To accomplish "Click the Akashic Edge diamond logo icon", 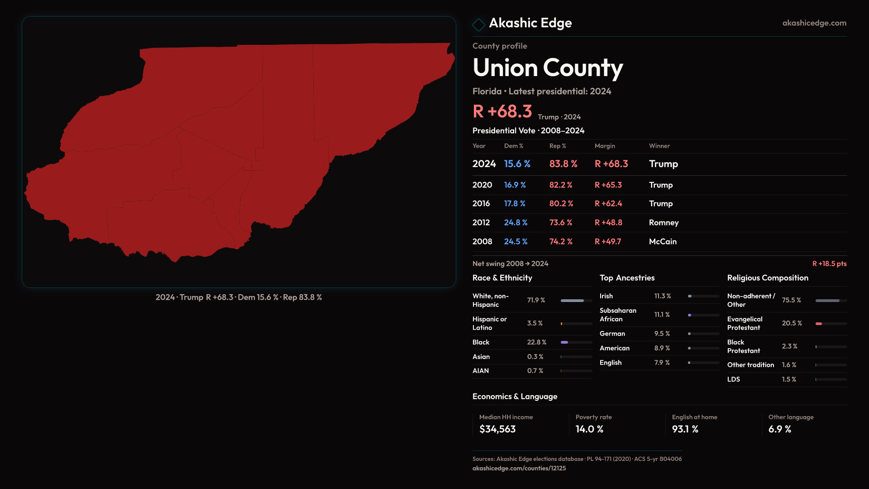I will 478,24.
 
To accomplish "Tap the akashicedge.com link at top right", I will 814,23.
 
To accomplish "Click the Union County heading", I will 548,68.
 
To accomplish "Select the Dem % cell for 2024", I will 517,164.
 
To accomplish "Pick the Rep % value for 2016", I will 561,204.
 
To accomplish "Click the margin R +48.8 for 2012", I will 608,223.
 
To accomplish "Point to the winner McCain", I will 663,242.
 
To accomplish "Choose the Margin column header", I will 605,146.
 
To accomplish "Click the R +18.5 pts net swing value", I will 829,264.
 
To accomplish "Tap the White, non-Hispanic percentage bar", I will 576,301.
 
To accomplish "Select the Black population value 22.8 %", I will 536,342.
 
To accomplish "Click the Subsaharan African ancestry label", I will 618,315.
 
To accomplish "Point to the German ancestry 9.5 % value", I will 662,334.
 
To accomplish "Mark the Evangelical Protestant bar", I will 831,324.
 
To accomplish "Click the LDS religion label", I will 733,379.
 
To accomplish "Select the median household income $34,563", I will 497,429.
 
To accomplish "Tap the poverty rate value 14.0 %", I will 589,429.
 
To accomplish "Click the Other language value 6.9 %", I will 779,429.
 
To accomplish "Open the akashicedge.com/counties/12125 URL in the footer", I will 519,468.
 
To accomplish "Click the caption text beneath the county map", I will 239,297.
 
